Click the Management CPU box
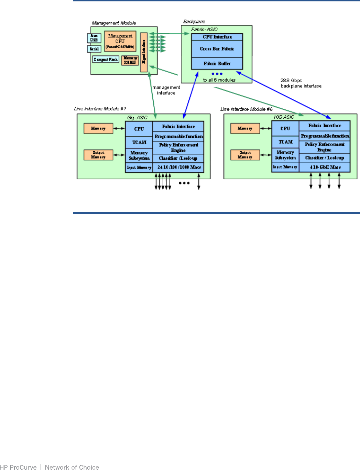pos(120,41)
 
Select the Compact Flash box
pos(106,60)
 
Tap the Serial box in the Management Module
pos(94,49)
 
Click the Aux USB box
pos(94,38)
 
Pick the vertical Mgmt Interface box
pos(144,52)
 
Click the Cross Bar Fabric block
pos(217,49)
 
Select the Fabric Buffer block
pos(217,64)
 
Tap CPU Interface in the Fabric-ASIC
pos(217,37)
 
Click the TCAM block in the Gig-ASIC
pos(139,142)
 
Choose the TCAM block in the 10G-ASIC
pos(285,142)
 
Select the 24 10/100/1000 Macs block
pos(179,167)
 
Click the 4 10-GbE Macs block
pos(325,167)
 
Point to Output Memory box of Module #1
pos(98,155)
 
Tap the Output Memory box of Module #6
pos(245,155)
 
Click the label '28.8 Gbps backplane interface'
pos(301,83)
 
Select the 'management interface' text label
pos(166,90)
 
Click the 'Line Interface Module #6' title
pos(246,109)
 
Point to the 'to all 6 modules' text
pos(219,80)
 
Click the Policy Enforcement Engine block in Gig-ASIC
pos(178,148)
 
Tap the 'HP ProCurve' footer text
pos(18,467)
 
